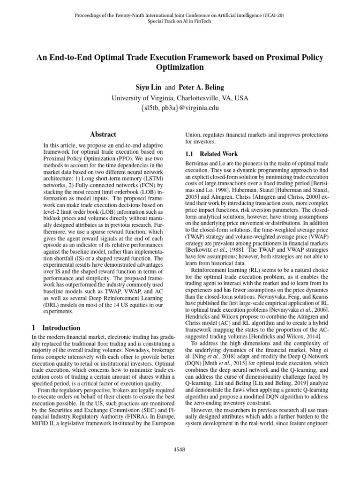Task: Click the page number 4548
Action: point(180,450)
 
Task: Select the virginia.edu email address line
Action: point(180,108)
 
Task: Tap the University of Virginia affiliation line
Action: point(180,98)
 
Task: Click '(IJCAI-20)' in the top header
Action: point(271,15)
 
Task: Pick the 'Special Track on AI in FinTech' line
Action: point(180,22)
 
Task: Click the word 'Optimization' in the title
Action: point(180,67)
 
